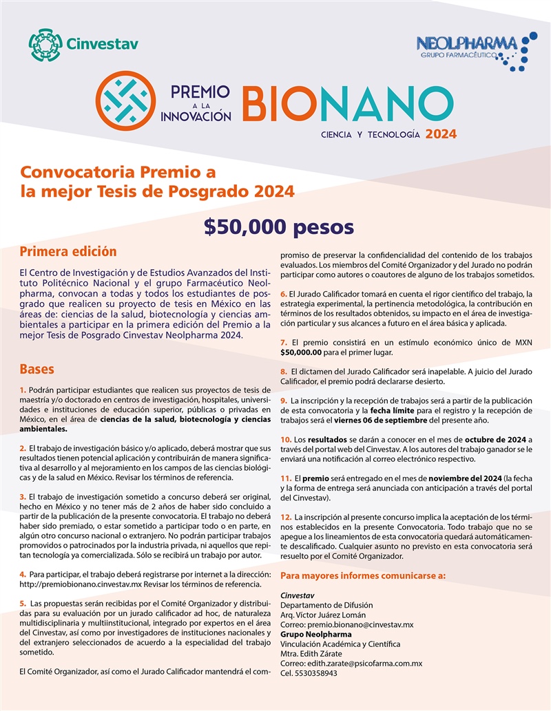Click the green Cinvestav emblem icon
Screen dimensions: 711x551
[x=45, y=44]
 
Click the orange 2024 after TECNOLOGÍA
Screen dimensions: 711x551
[x=441, y=134]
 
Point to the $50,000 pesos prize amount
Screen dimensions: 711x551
[x=278, y=226]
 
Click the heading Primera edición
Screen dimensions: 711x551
[x=68, y=252]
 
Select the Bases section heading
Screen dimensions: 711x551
[x=37, y=369]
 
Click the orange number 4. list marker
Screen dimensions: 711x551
[x=23, y=574]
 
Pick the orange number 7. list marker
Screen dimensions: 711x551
[x=284, y=343]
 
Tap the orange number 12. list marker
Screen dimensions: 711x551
[x=286, y=516]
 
